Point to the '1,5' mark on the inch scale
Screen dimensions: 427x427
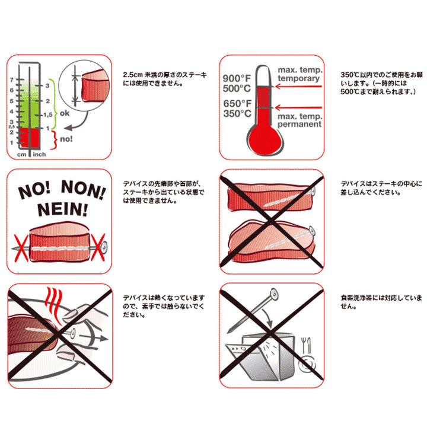click(x=49, y=114)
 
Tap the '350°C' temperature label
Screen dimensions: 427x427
click(x=237, y=114)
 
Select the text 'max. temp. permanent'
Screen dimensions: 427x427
click(x=299, y=119)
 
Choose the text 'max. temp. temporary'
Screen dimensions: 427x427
click(x=299, y=74)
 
